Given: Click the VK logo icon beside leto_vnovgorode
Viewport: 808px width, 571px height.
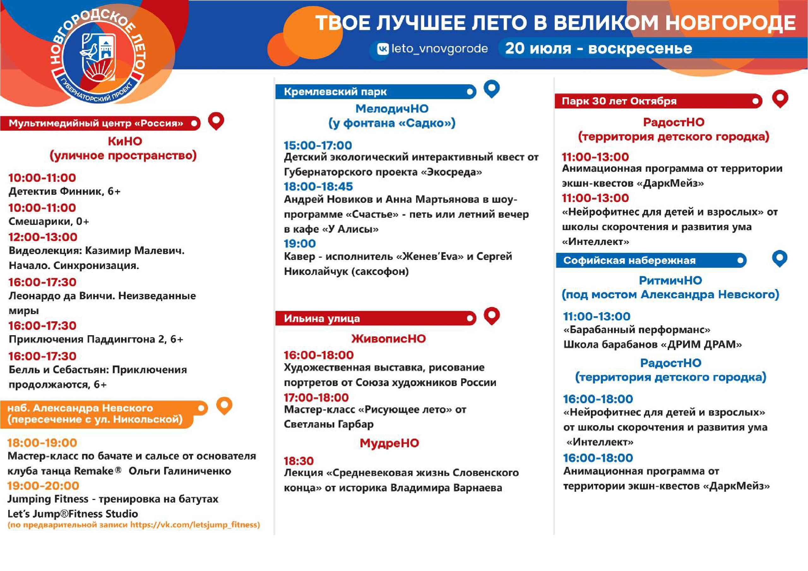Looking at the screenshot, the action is point(383,49).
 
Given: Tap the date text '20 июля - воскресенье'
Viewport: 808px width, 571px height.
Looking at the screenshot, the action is point(599,48).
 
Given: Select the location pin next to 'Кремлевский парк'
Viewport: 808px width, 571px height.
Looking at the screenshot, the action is point(492,89).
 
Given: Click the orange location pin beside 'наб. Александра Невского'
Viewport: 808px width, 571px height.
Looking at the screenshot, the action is point(224,406).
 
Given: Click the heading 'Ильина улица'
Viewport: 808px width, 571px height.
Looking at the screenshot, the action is point(322,318).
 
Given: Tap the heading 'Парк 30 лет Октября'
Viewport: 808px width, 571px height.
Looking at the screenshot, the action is point(619,101).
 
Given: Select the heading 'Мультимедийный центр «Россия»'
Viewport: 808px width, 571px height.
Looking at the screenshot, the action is point(96,123).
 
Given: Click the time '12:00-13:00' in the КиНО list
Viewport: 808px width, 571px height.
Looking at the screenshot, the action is point(43,237).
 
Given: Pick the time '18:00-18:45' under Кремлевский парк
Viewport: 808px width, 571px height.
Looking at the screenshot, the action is point(318,186).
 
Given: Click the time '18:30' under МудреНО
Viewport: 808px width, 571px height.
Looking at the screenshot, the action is point(299,461).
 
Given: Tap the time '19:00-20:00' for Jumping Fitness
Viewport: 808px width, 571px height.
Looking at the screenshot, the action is point(43,486).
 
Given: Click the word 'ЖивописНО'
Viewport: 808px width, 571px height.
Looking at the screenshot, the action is point(389,339).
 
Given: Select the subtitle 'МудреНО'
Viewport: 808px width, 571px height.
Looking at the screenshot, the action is point(389,443).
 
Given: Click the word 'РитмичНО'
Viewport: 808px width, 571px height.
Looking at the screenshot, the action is point(670,280).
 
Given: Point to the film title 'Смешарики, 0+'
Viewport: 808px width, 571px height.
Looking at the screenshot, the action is point(49,222).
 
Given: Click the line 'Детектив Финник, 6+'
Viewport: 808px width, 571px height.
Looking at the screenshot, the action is point(65,191).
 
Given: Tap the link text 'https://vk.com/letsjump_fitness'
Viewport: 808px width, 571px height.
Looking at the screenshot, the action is point(195,525).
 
